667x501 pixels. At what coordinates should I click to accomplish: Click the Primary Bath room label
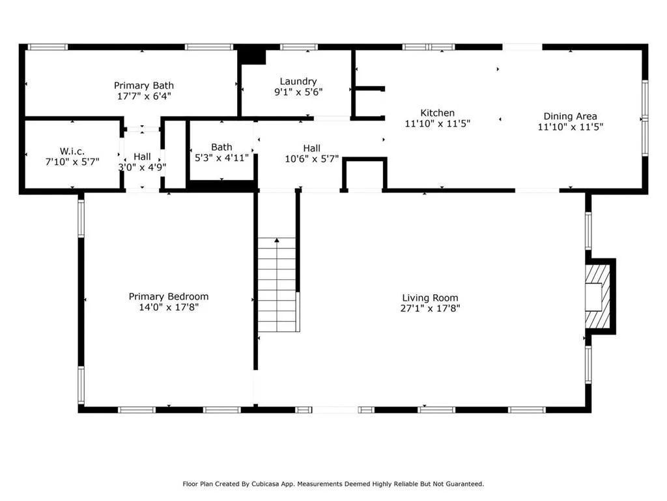[144, 85]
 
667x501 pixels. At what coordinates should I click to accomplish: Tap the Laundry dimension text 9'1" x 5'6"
[298, 91]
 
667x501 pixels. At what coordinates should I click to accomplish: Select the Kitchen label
[437, 113]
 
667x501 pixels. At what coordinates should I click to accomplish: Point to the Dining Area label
[570, 116]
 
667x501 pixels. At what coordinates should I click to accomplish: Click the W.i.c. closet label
[72, 151]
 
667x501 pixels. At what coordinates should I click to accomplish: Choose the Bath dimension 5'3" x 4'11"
[221, 158]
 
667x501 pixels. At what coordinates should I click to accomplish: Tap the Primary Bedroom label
[169, 297]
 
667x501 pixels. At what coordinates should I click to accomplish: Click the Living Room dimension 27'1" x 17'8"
[430, 308]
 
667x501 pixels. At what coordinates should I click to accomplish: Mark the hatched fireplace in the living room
[598, 296]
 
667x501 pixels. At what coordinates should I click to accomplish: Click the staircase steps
[277, 284]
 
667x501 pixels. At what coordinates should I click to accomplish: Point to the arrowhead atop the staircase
[277, 240]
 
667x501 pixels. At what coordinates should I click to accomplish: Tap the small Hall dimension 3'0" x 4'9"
[142, 167]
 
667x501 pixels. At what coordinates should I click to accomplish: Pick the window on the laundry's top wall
[298, 47]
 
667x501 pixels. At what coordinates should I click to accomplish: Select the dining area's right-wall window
[645, 117]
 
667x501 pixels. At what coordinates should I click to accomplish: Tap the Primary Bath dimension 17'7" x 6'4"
[144, 96]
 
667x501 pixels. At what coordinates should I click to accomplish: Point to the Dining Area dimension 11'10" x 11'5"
[571, 127]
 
